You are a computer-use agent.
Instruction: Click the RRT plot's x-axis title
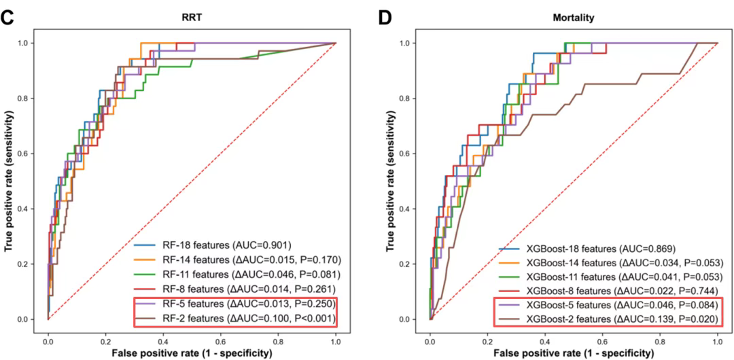point(192,353)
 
